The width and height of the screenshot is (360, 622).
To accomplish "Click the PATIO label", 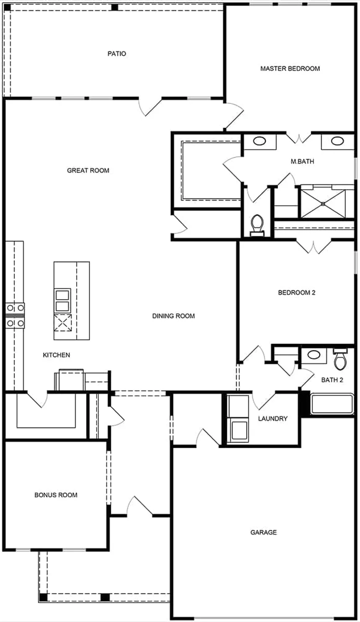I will (x=117, y=54).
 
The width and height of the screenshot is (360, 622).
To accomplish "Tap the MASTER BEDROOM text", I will (x=290, y=68).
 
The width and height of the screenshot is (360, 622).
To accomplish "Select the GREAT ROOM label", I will (x=88, y=170).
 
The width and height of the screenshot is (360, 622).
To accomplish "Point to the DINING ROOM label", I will (x=173, y=316).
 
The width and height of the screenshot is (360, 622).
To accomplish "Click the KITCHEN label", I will (x=57, y=355).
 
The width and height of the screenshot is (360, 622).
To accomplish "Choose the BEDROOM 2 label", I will (x=296, y=292).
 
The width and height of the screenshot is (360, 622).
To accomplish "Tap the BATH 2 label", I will (x=332, y=380).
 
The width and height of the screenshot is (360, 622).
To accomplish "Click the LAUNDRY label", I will (x=273, y=418).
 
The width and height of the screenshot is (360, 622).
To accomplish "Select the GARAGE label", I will (x=263, y=532).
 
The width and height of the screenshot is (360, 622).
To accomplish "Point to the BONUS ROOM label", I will (x=56, y=495).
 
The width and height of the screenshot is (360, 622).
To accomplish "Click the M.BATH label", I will (x=302, y=161).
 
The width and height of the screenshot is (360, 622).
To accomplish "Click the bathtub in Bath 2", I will (x=332, y=404).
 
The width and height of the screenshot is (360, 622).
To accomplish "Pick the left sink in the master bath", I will (x=259, y=141).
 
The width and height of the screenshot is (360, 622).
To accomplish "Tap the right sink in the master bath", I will (x=337, y=141).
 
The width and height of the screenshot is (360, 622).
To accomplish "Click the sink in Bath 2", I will (x=313, y=355).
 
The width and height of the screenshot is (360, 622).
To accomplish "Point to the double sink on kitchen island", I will (x=62, y=300).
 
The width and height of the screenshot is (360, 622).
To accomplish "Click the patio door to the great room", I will (x=151, y=106).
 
